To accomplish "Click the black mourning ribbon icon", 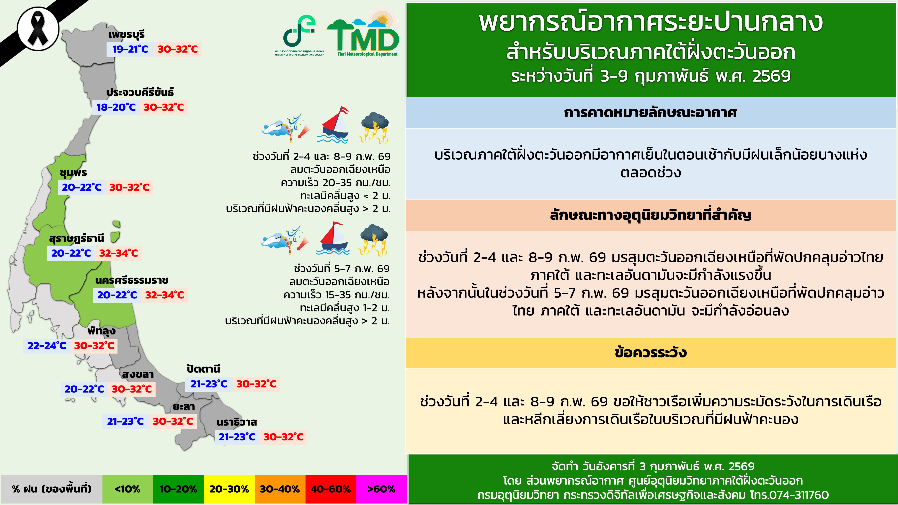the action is click(x=38, y=29).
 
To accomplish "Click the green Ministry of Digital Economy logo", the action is click(x=299, y=35).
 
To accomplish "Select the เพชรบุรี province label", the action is click(x=126, y=35).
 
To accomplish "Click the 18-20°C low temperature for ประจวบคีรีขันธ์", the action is click(x=116, y=107).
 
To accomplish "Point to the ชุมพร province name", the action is click(x=73, y=173).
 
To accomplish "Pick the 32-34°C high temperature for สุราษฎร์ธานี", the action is click(x=119, y=253).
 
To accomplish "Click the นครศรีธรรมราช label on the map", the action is click(x=132, y=280).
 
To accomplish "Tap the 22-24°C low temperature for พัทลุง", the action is click(x=47, y=346).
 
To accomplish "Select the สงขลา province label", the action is click(x=138, y=374).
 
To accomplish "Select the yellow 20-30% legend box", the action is click(x=229, y=489).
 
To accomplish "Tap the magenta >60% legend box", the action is click(x=381, y=489).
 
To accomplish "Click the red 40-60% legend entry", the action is click(x=330, y=489).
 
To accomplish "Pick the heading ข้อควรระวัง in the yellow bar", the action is click(x=651, y=353).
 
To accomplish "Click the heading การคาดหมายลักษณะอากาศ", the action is click(x=651, y=113).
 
